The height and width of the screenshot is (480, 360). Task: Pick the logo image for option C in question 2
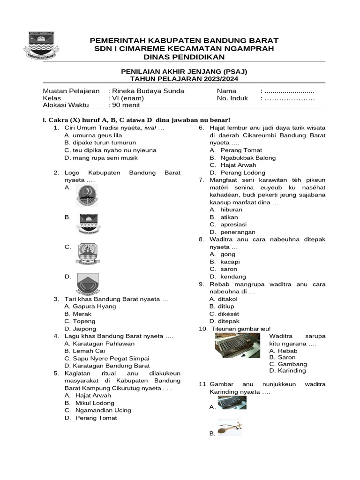(87, 254)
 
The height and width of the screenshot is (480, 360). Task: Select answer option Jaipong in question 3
(84, 329)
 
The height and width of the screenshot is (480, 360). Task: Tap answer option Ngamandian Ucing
(103, 410)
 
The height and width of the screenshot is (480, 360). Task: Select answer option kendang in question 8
(233, 277)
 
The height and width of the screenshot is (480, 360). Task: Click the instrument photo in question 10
(238, 346)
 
